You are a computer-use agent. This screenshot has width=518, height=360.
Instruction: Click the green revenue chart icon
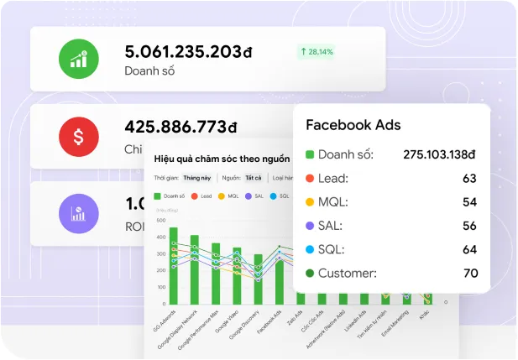pos(78,59)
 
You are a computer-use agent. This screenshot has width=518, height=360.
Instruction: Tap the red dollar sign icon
pos(78,135)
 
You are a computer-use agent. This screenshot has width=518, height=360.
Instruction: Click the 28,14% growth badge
pos(316,52)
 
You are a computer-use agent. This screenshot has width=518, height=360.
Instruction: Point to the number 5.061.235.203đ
pos(188,51)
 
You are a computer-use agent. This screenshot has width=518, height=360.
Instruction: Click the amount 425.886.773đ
pos(181,128)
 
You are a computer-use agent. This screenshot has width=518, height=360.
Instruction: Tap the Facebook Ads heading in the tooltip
pos(353,125)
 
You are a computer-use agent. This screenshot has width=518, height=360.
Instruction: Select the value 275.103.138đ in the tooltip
pos(439,154)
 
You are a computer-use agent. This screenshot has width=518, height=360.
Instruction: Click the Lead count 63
pos(469,178)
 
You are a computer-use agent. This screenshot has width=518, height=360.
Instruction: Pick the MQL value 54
pos(469,202)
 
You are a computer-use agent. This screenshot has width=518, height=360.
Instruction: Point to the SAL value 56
pos(469,226)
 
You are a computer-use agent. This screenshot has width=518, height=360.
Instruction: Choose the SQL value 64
pos(469,249)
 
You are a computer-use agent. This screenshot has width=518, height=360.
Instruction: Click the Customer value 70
pos(469,273)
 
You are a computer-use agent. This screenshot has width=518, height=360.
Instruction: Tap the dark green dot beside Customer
pos(310,273)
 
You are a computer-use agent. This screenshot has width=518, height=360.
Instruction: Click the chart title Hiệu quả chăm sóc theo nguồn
pos(222,158)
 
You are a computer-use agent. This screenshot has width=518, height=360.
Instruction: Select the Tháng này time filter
pos(197,178)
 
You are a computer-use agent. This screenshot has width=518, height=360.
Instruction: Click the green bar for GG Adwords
pos(174,264)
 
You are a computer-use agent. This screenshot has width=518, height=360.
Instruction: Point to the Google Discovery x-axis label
pos(249,322)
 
